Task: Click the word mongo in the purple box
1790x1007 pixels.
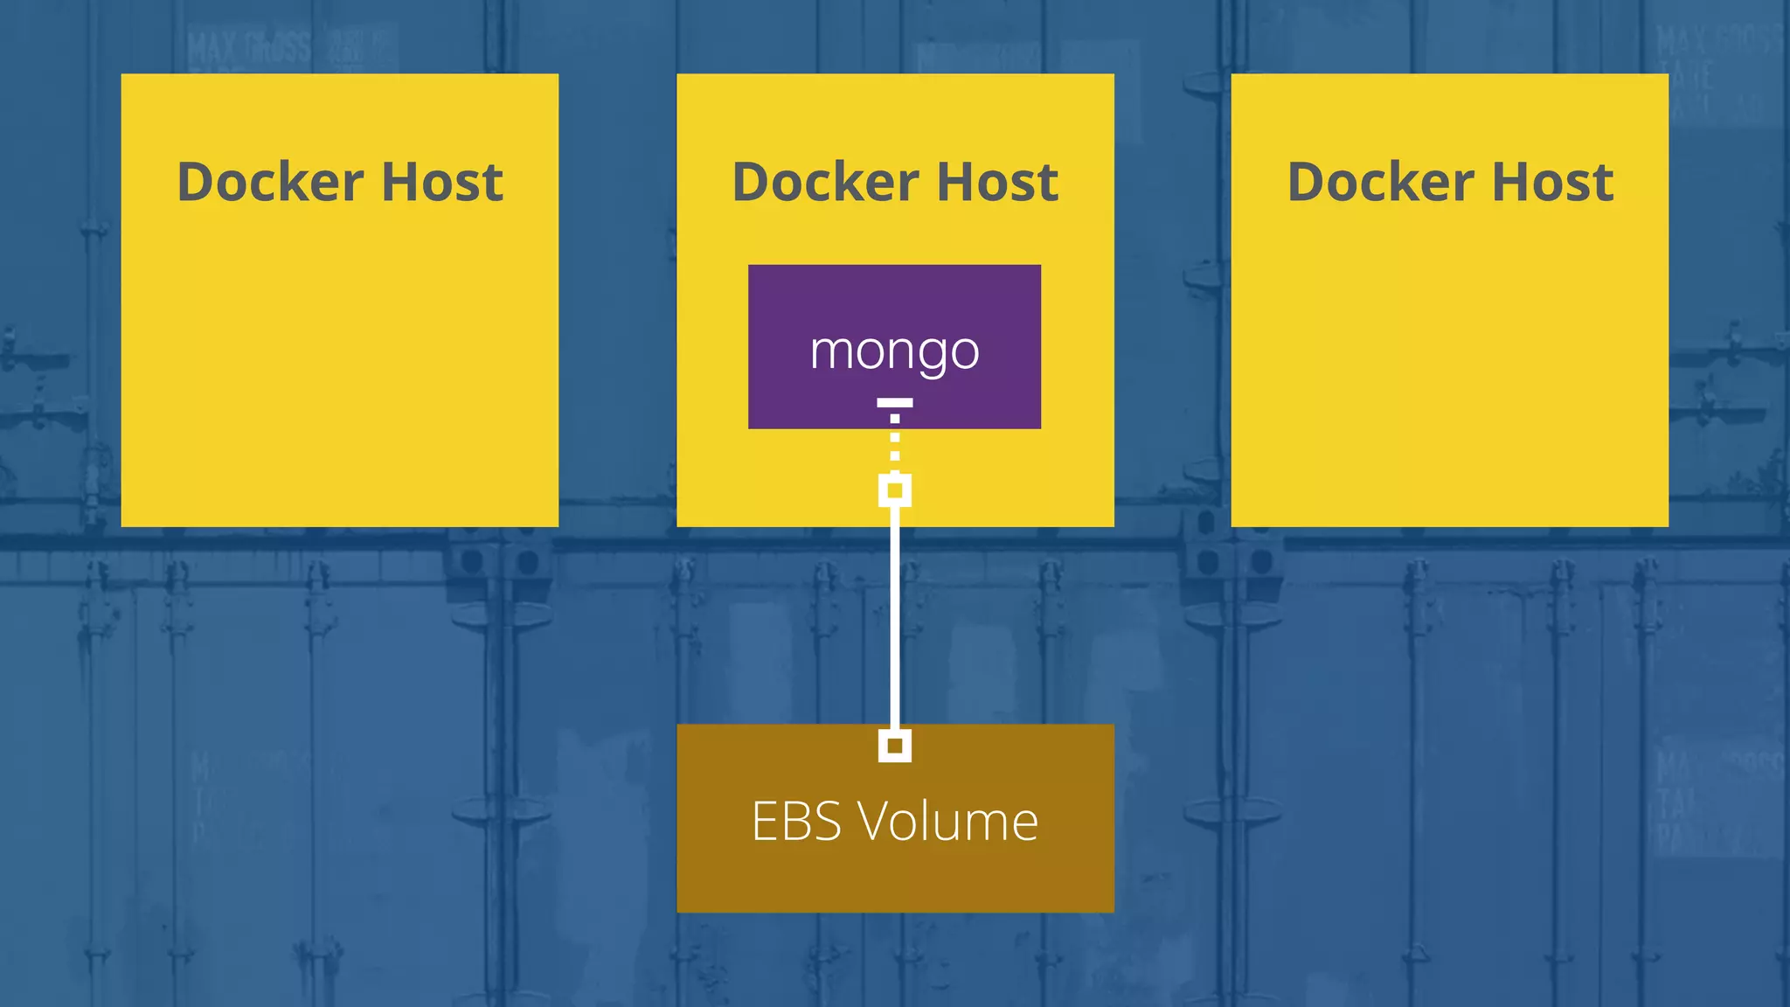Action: (x=894, y=351)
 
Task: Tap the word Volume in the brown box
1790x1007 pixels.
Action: (x=948, y=822)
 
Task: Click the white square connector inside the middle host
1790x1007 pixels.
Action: (x=894, y=490)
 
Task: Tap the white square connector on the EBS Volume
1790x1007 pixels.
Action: (x=894, y=746)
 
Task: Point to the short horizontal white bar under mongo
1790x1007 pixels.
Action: (x=894, y=403)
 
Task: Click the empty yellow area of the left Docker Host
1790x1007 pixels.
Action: (x=339, y=367)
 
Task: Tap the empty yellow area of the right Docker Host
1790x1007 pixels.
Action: (x=1449, y=367)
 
